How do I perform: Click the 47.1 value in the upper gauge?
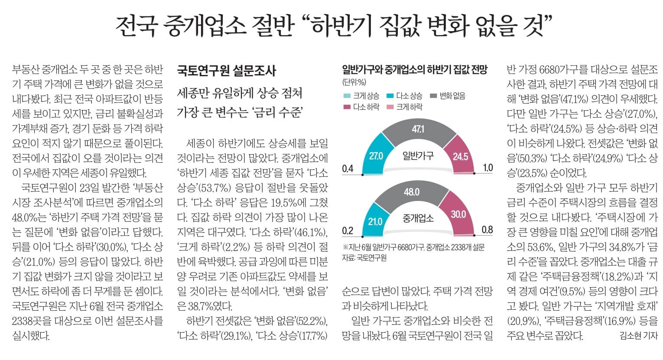418,129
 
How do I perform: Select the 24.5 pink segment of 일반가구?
460,156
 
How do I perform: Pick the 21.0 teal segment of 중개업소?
375,221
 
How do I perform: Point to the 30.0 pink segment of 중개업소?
458,214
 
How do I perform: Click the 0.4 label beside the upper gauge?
348,169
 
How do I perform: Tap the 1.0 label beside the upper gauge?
487,168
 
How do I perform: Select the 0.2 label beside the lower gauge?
348,231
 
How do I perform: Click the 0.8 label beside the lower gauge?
487,230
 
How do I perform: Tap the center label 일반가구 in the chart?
418,156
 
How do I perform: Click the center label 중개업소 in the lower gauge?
418,218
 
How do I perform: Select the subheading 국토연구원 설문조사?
226,71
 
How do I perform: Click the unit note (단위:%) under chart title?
354,81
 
